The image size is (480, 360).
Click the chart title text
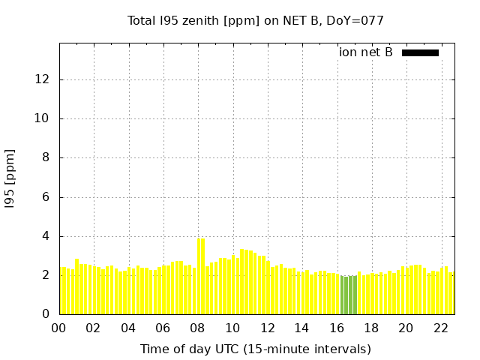(256, 21)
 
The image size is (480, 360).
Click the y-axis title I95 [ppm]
(10, 177)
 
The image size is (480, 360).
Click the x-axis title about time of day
(256, 349)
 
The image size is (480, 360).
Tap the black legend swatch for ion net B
(420, 52)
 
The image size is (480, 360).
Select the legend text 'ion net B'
(366, 52)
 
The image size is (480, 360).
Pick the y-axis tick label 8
(47, 157)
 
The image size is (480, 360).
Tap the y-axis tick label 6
(47, 197)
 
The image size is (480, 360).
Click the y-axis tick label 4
(47, 236)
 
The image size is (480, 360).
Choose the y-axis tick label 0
(47, 314)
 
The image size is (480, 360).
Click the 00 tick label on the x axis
(59, 328)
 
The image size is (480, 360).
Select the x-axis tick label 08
(198, 328)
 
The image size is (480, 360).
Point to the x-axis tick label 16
(337, 328)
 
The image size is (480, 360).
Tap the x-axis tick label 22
(441, 328)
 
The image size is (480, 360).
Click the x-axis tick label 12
(268, 328)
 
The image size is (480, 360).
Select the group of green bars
(349, 295)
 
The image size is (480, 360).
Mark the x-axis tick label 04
(129, 328)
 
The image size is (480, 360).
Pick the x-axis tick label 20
(406, 328)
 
